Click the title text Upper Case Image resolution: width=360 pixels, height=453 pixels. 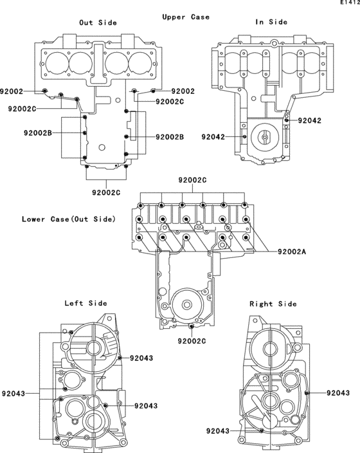186,17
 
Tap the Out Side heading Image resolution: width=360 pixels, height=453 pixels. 98,23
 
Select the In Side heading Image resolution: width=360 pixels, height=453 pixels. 271,22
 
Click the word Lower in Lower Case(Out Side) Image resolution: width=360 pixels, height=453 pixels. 33,219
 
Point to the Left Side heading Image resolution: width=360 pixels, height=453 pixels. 85,303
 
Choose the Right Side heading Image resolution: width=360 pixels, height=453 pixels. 273,304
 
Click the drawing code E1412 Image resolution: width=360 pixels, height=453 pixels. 350,3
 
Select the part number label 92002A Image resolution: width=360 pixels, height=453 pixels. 292,252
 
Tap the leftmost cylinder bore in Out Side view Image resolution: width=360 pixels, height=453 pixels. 57,63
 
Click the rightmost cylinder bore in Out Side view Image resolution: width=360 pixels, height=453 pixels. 139,63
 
